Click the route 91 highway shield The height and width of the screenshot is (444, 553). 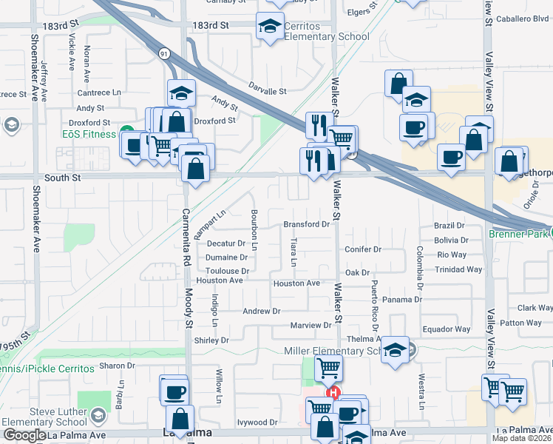163,53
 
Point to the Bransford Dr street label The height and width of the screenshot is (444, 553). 306,223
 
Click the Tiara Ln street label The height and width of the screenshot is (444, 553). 294,252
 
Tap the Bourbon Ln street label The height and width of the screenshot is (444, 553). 254,229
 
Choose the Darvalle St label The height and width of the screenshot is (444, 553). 267,91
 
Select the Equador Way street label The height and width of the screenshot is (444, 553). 446,329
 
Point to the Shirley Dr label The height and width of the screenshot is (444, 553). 211,340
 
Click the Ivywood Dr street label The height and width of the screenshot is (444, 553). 258,423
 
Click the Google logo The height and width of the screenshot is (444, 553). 24,435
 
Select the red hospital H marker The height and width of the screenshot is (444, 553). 333,393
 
